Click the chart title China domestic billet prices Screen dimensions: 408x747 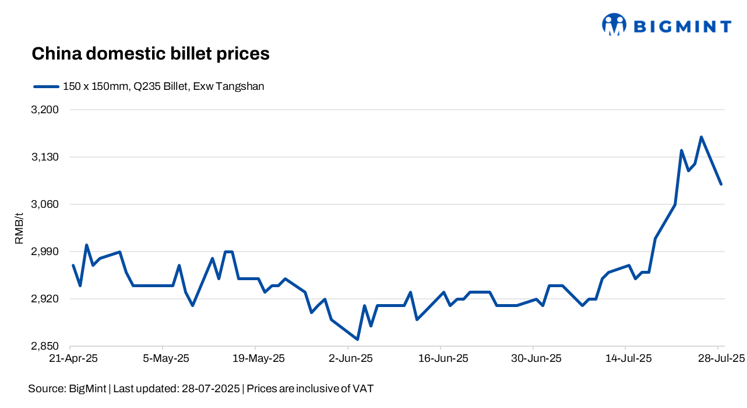pos(150,54)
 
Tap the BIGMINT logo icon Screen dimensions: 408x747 pos(614,25)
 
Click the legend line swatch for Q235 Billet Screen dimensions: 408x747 pos(47,86)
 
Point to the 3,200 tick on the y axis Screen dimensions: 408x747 pos(46,110)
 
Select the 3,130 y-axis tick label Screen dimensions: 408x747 pos(46,157)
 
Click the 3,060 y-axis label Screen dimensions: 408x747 pos(46,204)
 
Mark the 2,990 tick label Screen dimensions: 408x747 pos(46,252)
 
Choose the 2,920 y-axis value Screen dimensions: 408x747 pos(46,299)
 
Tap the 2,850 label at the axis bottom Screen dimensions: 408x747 pos(46,346)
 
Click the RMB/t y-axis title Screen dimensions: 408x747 pos(19,228)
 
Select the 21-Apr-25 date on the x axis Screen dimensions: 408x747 pos(73,358)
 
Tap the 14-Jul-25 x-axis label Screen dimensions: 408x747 pos(628,358)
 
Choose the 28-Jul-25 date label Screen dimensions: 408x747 pos(720,358)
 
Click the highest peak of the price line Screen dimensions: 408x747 pos(701,137)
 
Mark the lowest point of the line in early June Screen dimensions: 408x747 pos(357,339)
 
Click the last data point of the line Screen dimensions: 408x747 pos(721,184)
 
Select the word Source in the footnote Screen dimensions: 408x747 pos(46,388)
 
